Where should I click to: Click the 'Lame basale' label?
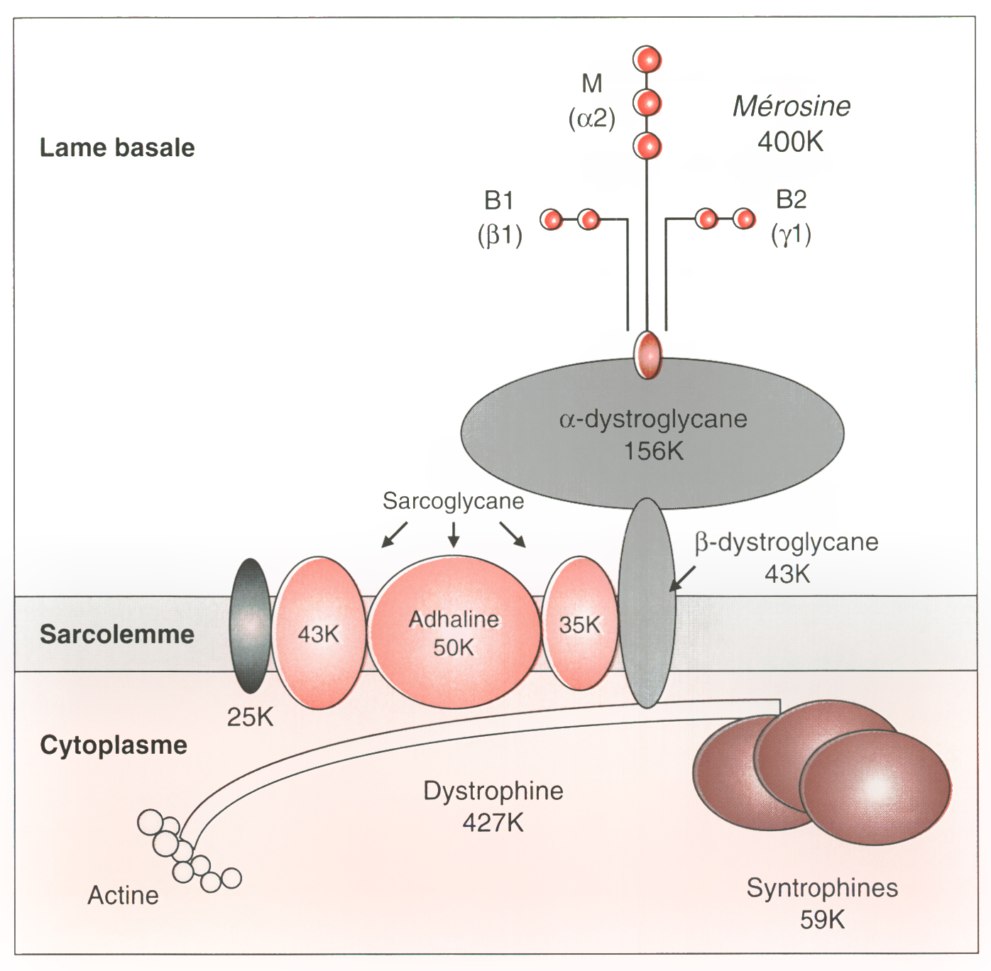117,148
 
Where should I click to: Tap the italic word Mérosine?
792,106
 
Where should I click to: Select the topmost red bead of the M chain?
647,60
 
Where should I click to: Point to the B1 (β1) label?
500,217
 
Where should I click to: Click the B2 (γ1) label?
792,216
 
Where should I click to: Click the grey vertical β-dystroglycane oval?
647,603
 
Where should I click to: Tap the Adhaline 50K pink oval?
454,632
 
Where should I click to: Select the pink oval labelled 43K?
319,633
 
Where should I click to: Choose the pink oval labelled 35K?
579,625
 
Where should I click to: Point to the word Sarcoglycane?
453,501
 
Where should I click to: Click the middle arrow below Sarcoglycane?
454,534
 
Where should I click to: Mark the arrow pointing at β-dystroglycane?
683,578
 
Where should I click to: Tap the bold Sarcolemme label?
117,634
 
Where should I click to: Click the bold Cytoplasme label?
114,745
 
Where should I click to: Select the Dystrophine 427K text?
493,806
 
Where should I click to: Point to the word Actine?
123,896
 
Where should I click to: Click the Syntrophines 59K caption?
822,904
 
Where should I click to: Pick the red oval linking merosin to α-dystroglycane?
647,354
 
